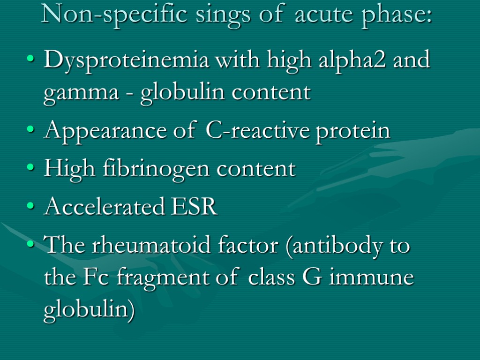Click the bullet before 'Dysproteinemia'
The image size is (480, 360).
coord(31,61)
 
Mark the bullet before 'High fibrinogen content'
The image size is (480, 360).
coord(31,169)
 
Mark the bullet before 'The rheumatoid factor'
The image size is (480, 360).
coord(31,245)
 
